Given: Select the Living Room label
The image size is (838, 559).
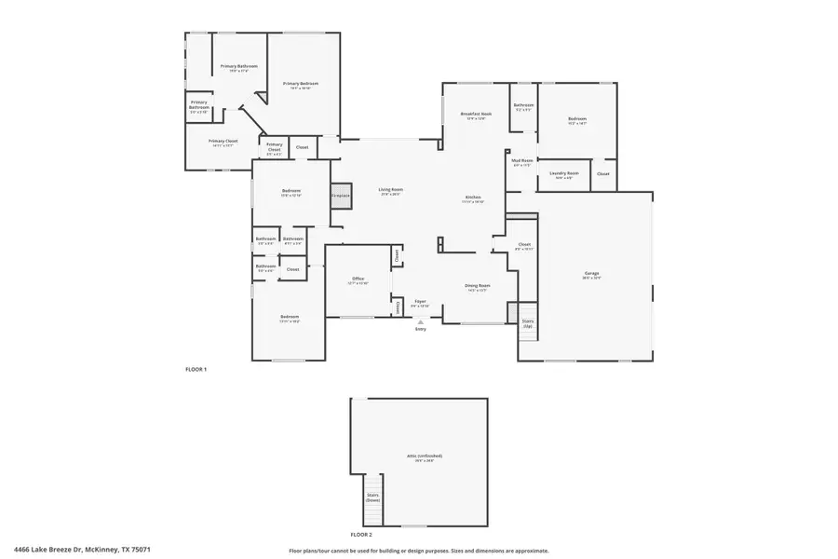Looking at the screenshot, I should pos(390,191).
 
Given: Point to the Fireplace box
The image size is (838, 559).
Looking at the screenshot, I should pos(341,195).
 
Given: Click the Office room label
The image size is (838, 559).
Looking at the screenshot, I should pos(358,280).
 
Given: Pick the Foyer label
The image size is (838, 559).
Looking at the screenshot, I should pos(421,303).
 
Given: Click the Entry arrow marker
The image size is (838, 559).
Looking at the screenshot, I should pos(421,323).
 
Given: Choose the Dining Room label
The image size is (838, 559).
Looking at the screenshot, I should pos(478,287).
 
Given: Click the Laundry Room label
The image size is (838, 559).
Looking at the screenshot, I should pos(565,174).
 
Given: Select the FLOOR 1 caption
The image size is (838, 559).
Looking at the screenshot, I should pos(196,370).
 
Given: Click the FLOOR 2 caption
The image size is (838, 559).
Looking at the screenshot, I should pos(360,535).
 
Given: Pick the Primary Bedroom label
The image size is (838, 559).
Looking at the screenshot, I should pos(296,85).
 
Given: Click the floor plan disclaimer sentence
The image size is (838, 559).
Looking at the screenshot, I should pos(418,551).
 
